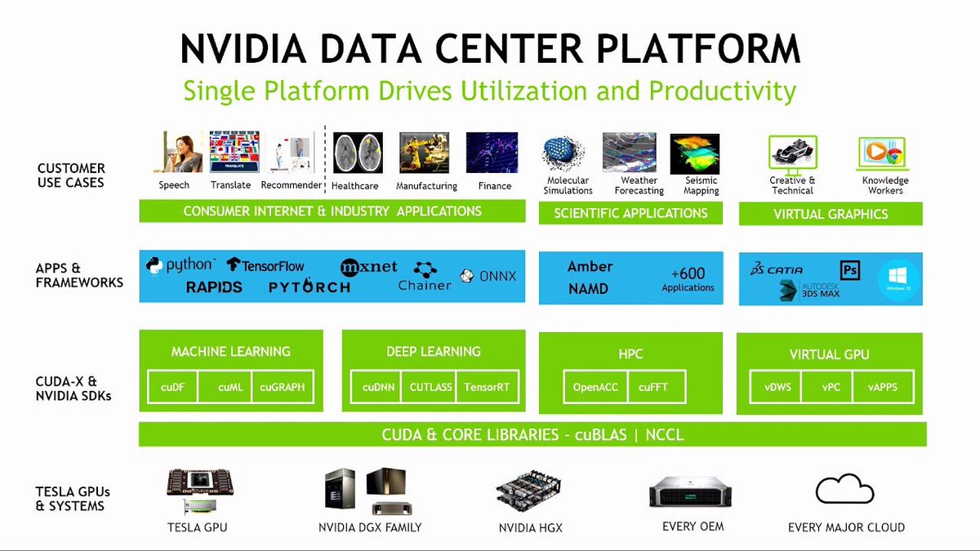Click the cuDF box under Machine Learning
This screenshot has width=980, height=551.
point(172,388)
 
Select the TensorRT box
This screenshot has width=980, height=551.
point(488,388)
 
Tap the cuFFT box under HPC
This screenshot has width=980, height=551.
point(653,388)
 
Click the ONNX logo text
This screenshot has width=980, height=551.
point(489,276)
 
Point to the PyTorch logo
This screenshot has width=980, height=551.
point(309,287)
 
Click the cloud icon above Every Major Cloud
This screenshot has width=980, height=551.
point(846,491)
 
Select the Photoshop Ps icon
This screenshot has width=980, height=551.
point(850,269)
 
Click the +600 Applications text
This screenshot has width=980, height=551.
point(688,279)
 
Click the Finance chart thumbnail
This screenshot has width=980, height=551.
point(492,153)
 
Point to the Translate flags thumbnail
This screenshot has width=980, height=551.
point(234,153)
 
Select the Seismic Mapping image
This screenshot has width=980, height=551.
point(694,154)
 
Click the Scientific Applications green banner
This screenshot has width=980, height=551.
point(630,213)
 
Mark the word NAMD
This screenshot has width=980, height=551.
point(589,288)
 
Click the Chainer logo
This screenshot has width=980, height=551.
point(425,276)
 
